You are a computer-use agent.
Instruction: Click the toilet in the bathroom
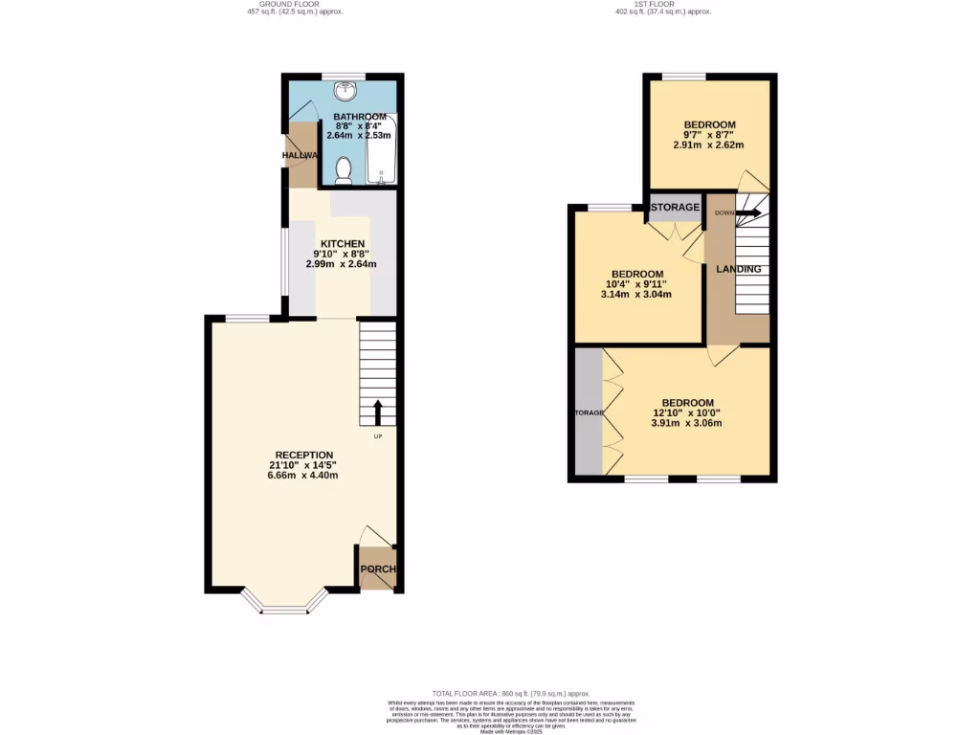(x=345, y=170)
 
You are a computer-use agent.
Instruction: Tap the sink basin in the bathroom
(x=345, y=92)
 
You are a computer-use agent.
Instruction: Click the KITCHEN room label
(x=344, y=244)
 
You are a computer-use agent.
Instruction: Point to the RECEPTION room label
(x=303, y=455)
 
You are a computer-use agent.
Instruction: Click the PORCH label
(x=377, y=569)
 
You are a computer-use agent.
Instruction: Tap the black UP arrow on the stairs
(x=377, y=412)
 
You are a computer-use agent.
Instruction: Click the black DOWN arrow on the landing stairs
(x=749, y=212)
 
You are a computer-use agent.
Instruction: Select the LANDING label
(x=739, y=269)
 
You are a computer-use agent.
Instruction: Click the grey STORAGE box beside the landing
(x=676, y=207)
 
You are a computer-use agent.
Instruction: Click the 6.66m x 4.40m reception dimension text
(x=303, y=475)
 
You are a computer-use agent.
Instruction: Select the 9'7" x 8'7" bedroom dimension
(x=709, y=135)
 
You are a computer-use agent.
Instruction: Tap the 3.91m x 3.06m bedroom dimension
(x=686, y=423)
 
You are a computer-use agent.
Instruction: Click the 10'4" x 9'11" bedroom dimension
(x=637, y=284)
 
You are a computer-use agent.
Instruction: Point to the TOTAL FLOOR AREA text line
(x=510, y=693)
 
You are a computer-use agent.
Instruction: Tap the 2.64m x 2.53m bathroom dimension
(x=359, y=136)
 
